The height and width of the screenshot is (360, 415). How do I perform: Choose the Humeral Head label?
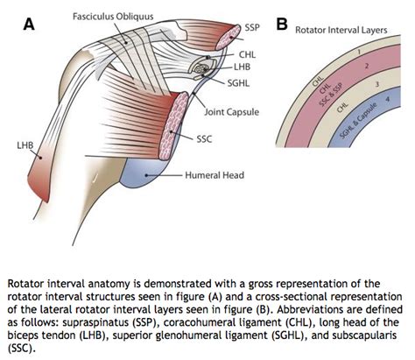(216, 175)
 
